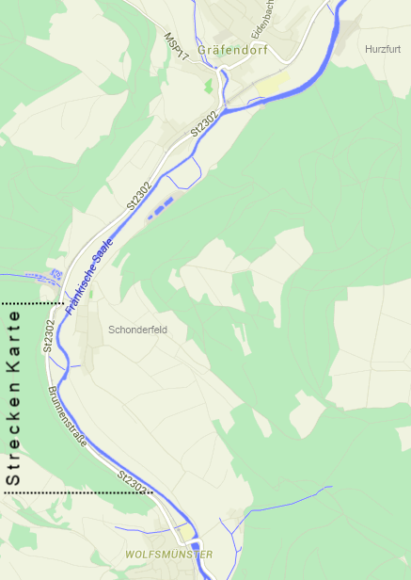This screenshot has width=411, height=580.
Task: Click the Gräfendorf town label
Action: click(233, 51)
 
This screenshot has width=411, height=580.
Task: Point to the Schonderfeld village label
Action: click(137, 330)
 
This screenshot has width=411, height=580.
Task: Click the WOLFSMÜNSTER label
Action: click(169, 555)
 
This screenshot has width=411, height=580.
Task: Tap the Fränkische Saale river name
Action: click(89, 275)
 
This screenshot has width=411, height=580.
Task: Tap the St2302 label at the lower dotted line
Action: click(134, 481)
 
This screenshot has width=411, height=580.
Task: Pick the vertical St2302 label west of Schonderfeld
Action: click(48, 335)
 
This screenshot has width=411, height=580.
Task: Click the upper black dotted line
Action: click(33, 303)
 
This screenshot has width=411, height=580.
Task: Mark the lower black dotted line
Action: click(75, 492)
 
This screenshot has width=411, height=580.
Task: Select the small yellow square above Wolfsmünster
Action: click(187, 533)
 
